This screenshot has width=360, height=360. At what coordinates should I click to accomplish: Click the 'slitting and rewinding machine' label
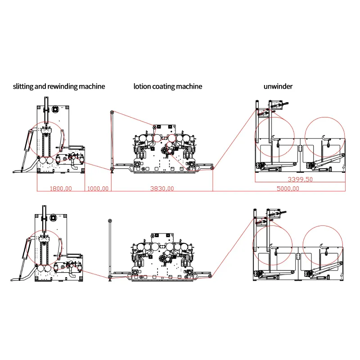click(59, 86)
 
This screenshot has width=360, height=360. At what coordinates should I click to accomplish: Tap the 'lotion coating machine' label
click(168, 86)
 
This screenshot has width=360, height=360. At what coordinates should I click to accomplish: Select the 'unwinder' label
click(278, 86)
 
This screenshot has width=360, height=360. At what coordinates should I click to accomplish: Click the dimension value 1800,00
click(61, 189)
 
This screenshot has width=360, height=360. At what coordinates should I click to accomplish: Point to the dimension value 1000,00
click(98, 189)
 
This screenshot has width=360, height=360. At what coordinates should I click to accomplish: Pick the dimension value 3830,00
click(162, 189)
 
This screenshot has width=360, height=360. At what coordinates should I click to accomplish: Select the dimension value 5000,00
click(288, 189)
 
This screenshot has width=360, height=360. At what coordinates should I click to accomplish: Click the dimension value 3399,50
click(300, 179)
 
